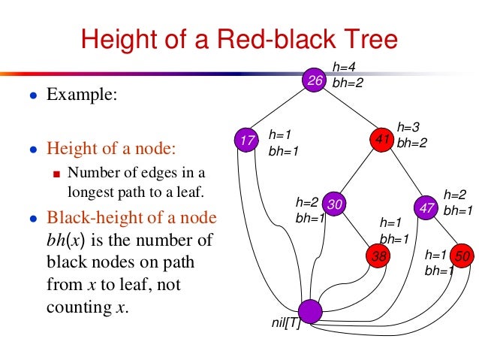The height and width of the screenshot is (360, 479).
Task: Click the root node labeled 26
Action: (x=314, y=80)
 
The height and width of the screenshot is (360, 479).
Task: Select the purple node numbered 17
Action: (x=246, y=140)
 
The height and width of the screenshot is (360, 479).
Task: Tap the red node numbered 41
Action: (x=382, y=140)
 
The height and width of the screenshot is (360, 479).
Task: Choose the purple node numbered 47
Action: (x=427, y=205)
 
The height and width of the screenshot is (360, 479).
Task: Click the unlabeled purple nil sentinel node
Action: (x=309, y=310)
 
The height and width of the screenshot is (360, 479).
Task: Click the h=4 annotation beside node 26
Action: (x=344, y=68)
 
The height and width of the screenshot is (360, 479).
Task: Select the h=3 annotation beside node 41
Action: (x=409, y=127)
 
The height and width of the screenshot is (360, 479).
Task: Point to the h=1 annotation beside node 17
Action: (x=279, y=135)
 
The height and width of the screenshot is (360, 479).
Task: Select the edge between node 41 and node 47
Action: (x=405, y=172)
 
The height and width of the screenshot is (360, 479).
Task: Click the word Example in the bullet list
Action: (x=83, y=95)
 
